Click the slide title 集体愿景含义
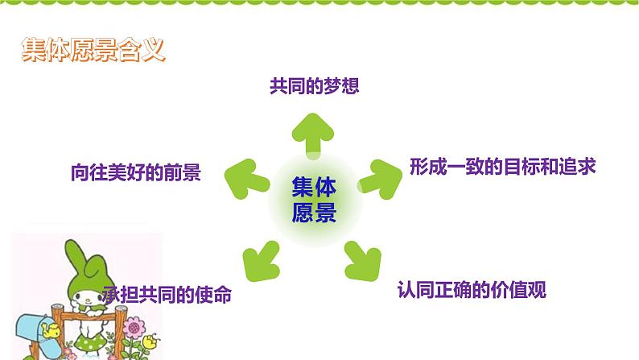(93, 50)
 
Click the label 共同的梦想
(314, 86)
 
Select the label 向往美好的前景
(136, 172)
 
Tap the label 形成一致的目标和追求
(503, 167)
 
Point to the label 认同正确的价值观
(472, 290)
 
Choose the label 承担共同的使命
(167, 294)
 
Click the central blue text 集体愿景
(314, 200)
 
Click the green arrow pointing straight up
(313, 134)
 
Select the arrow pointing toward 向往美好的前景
(246, 179)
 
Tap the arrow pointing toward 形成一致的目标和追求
(380, 180)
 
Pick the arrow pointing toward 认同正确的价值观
(363, 261)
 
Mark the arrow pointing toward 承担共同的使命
(262, 261)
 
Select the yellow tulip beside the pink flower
(150, 341)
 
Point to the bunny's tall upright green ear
(76, 257)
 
